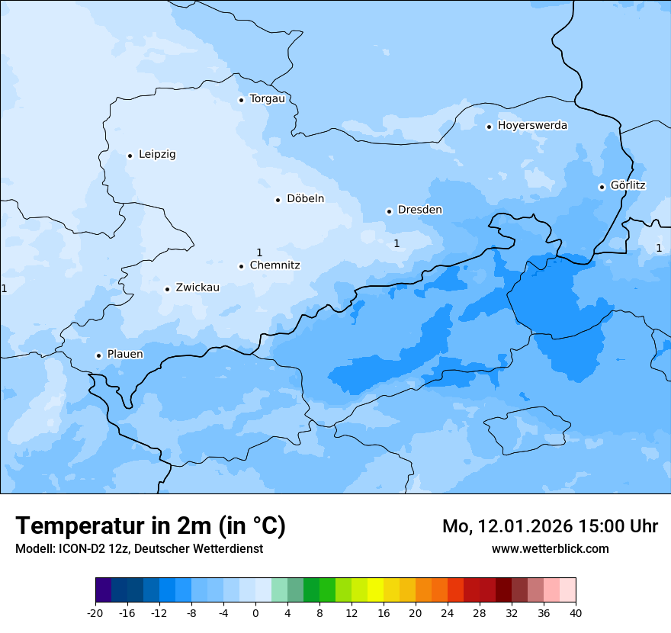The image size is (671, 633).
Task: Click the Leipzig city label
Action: [157, 154]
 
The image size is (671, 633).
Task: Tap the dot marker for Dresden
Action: [389, 211]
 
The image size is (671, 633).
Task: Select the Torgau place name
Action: [267, 98]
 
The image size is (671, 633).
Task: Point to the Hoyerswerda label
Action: [532, 125]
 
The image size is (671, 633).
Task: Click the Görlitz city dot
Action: [602, 187]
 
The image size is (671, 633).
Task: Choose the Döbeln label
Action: [305, 198]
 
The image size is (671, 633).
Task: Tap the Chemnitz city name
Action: [274, 265]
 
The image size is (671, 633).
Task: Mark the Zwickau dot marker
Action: [168, 289]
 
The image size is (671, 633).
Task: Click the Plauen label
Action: [125, 354]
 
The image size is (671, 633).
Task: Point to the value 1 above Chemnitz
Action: [259, 252]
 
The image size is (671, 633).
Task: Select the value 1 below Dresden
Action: [396, 243]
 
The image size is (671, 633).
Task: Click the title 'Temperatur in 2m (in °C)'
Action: [151, 525]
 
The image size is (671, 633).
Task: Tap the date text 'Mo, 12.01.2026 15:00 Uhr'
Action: [550, 526]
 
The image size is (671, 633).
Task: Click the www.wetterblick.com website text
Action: [550, 548]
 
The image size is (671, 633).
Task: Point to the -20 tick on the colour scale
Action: [95, 613]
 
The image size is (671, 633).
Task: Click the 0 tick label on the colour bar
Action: [255, 613]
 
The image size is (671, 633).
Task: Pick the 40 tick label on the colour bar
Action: [575, 613]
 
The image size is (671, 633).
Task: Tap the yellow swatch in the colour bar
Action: [375, 590]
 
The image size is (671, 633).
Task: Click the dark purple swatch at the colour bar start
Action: [104, 590]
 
